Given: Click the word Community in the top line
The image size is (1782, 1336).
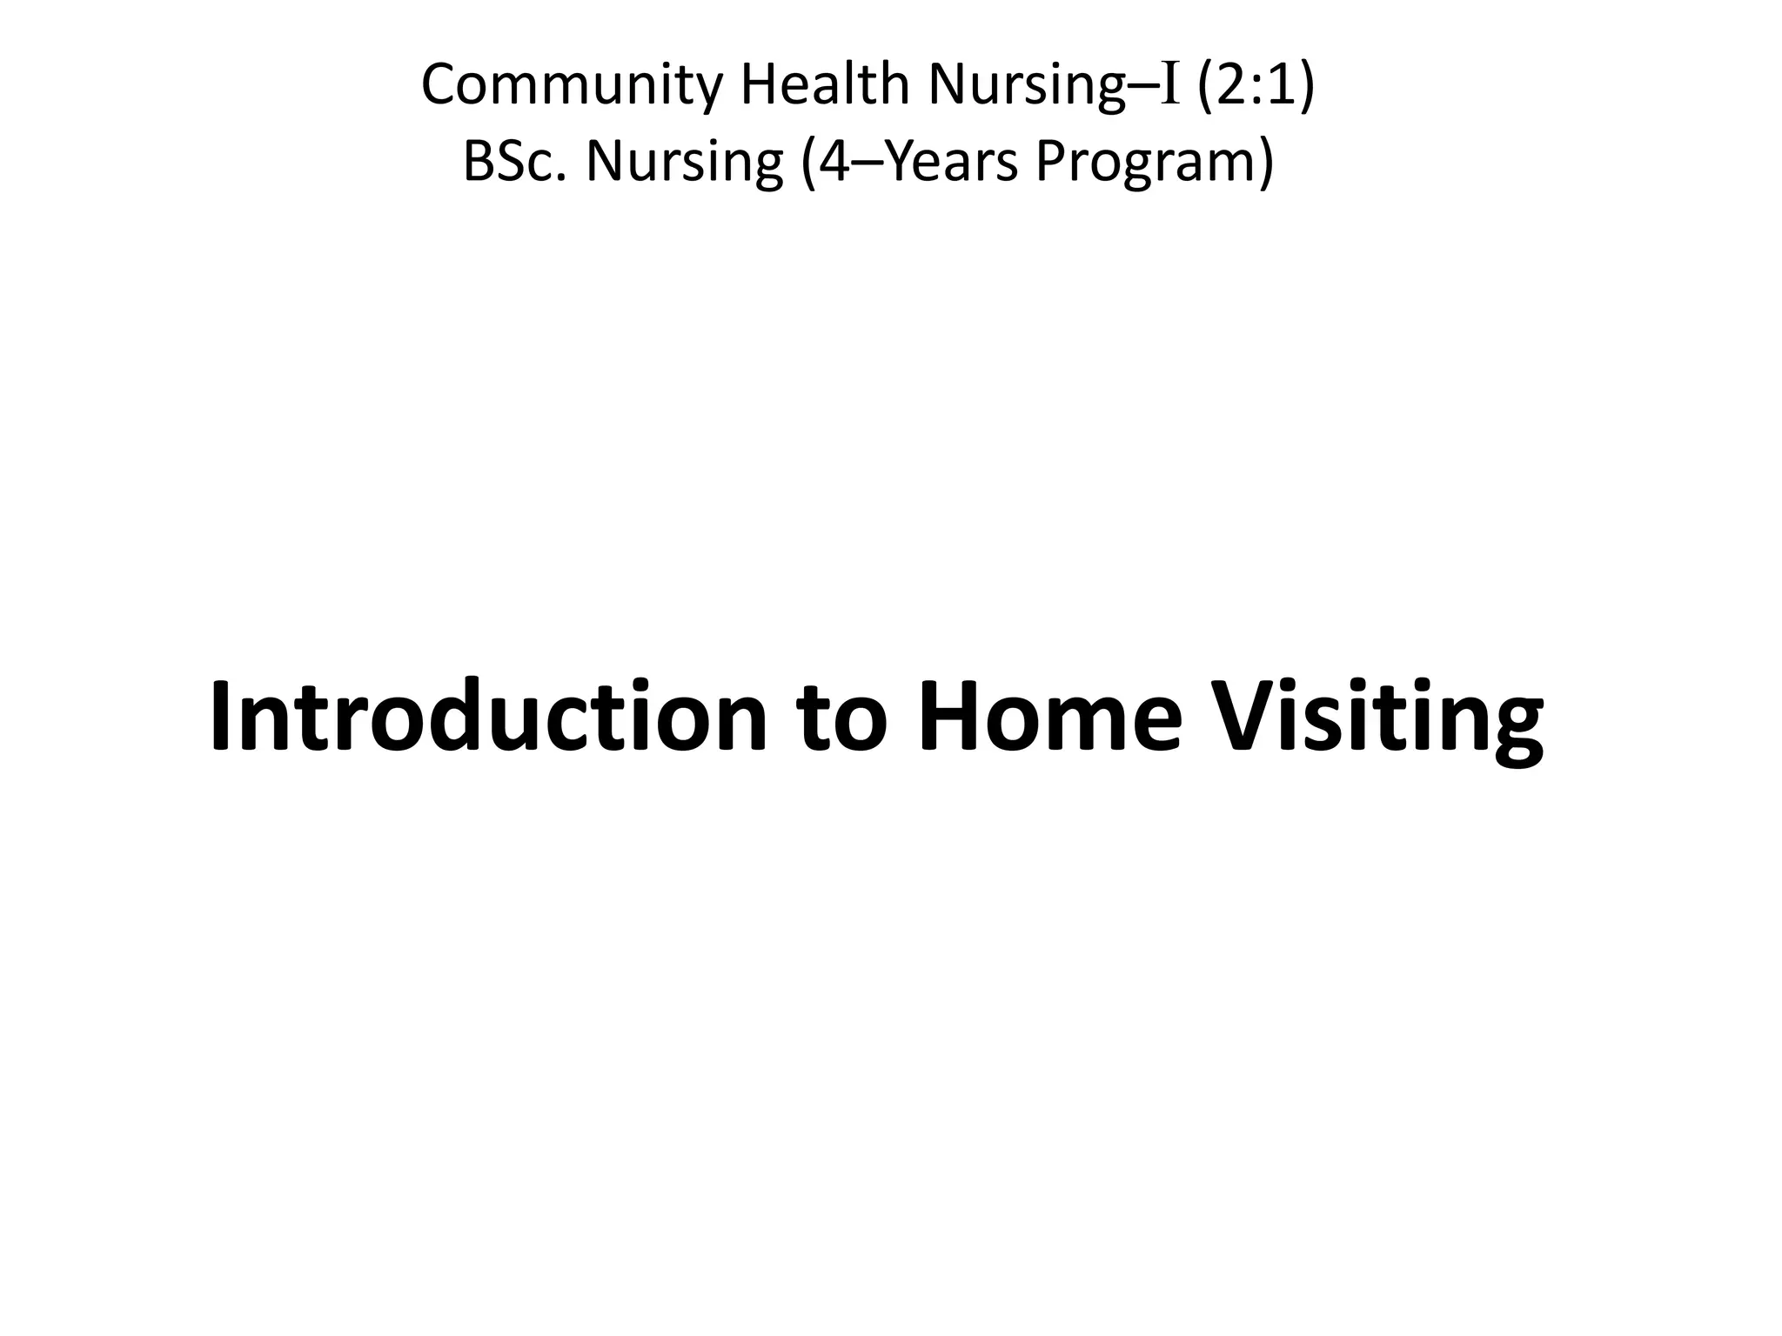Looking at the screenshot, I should pos(572,85).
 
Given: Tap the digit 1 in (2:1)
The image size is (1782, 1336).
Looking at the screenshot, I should pos(1279,85).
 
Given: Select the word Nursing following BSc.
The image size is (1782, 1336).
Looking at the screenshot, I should pos(684,162).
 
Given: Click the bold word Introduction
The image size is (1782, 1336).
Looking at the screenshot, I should pos(488,716).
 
